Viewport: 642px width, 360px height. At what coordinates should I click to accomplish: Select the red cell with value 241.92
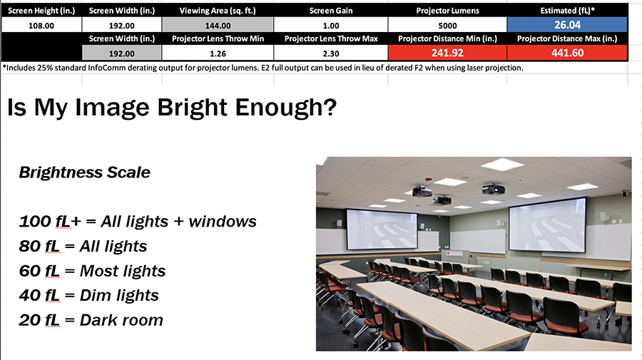pyautogui.click(x=447, y=53)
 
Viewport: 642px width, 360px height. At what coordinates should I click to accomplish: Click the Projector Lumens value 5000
pyautogui.click(x=447, y=24)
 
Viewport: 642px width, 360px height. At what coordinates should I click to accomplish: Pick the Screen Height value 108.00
pyautogui.click(x=41, y=24)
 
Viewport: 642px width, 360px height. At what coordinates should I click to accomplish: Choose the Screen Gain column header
pyautogui.click(x=331, y=11)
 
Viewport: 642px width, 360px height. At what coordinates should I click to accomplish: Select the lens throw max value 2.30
pyautogui.click(x=331, y=53)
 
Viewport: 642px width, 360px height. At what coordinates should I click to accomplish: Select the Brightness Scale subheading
pyautogui.click(x=84, y=173)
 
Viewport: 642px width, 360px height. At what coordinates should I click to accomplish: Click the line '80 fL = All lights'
pyautogui.click(x=83, y=246)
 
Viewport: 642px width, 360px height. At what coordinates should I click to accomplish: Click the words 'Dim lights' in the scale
pyautogui.click(x=119, y=295)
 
